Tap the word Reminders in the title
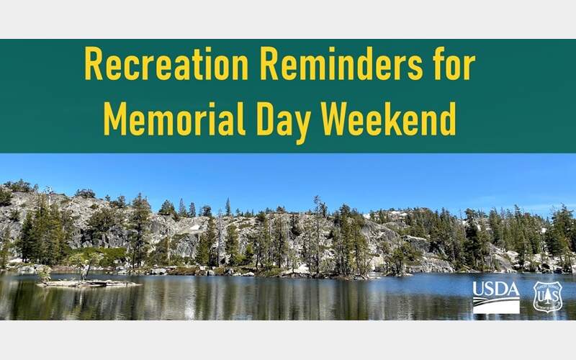341,65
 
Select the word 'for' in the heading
454,65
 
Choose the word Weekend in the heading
389,119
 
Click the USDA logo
496,297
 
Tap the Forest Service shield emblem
548,297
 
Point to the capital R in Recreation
94,65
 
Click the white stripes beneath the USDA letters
496,305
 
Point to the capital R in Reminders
269,65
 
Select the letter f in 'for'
439,65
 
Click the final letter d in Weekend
448,119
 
